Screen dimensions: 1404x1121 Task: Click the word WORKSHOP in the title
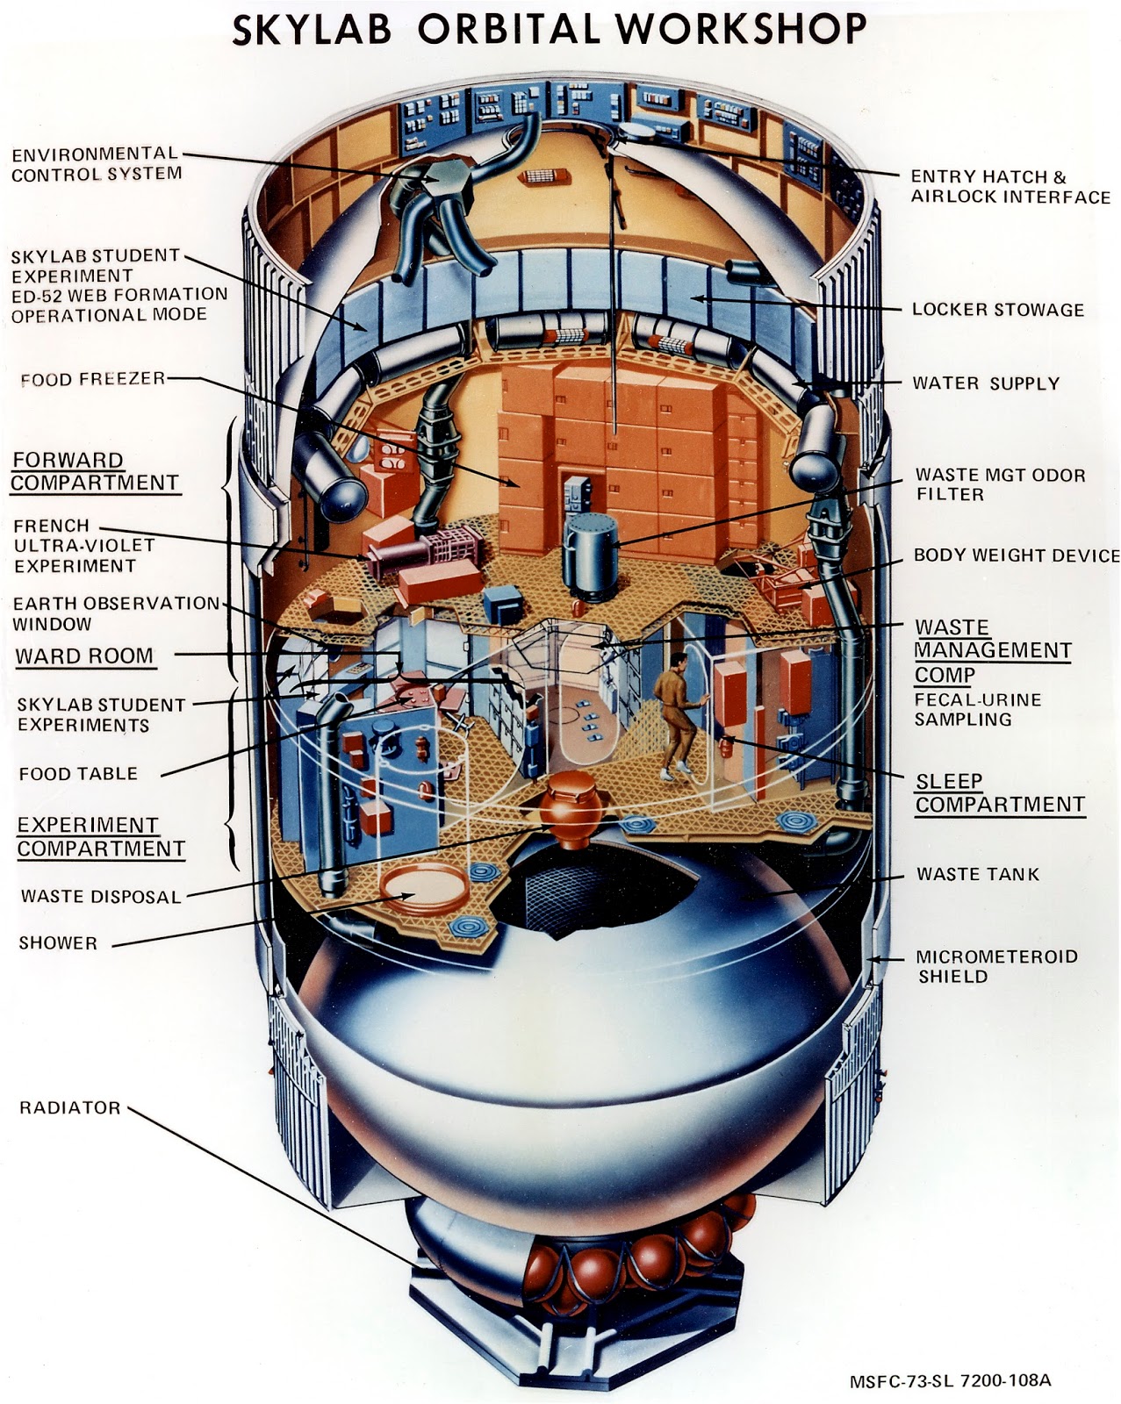741,29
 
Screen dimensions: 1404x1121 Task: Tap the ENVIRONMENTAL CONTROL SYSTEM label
96,164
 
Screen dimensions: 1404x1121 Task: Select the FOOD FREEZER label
92,379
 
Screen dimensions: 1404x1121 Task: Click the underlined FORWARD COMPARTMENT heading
95,471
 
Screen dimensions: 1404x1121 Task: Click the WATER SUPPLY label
985,383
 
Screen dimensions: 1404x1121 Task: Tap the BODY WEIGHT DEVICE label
1016,555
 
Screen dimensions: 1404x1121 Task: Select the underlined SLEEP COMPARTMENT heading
999,792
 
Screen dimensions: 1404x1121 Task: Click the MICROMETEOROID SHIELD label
995,966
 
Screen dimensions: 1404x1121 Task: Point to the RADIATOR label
69,1107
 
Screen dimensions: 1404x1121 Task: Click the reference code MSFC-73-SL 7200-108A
950,1380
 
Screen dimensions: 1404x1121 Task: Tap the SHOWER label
58,943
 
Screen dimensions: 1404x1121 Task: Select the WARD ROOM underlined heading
84,656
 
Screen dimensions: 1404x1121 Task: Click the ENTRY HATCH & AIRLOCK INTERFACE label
1010,187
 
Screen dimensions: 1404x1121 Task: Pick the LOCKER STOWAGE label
997,310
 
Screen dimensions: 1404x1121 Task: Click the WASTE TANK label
977,874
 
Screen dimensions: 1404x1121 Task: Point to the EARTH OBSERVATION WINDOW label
114,613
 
